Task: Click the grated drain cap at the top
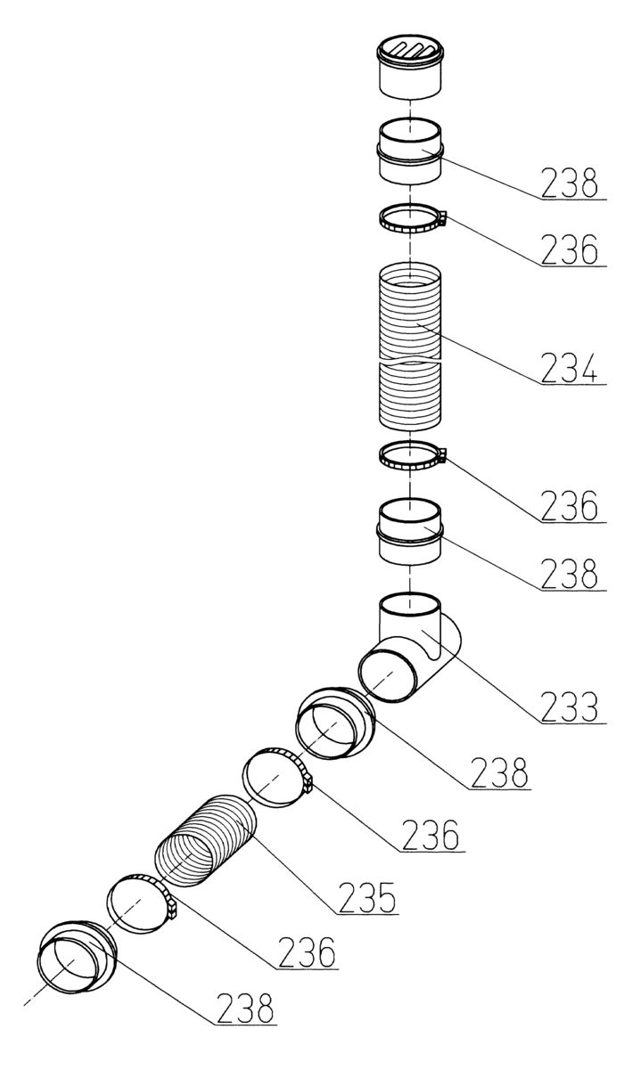(x=409, y=67)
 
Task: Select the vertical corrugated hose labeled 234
(x=409, y=347)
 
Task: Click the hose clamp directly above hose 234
(x=412, y=218)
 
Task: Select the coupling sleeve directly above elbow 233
(x=409, y=531)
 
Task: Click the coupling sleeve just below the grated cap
(x=409, y=151)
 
